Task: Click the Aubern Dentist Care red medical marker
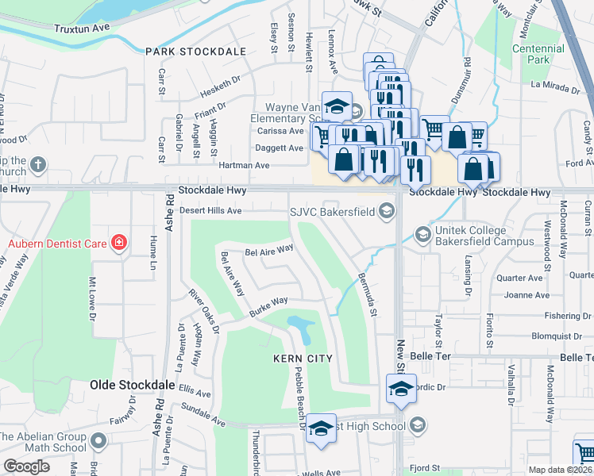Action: [x=119, y=241]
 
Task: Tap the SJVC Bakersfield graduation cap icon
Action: [x=386, y=210]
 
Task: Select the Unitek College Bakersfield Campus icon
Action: [x=422, y=233]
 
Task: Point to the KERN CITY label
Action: [x=308, y=359]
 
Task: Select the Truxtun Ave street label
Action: [x=81, y=28]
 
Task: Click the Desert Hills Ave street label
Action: [x=210, y=210]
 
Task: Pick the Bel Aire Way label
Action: [x=269, y=251]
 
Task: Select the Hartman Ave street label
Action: [x=250, y=165]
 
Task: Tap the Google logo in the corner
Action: [x=26, y=466]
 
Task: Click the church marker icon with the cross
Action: [x=37, y=166]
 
